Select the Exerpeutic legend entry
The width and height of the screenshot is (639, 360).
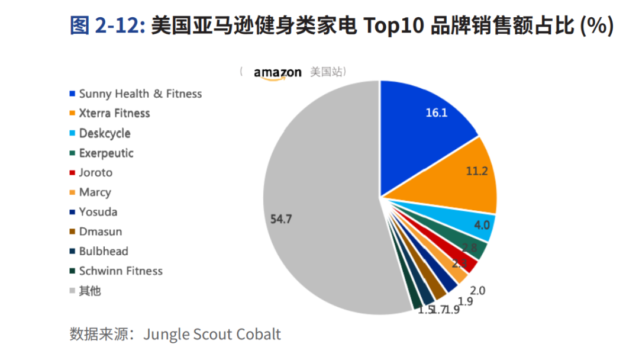(x=106, y=153)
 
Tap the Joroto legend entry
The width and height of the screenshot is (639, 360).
(x=95, y=172)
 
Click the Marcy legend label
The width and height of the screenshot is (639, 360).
(x=95, y=192)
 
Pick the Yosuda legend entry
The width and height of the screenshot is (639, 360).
(x=98, y=211)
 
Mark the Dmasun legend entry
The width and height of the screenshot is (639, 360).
(x=100, y=232)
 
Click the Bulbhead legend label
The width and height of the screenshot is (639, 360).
(x=104, y=251)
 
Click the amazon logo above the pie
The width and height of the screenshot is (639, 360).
(x=277, y=73)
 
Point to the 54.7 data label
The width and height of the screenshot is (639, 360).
(x=282, y=218)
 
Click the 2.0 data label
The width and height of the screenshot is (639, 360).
(x=477, y=290)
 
